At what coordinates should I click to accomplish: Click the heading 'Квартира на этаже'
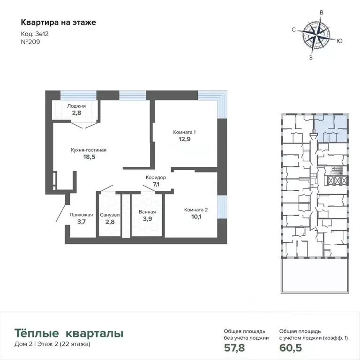(58, 22)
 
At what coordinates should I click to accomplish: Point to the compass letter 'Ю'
(339, 41)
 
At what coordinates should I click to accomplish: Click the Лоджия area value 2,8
(76, 112)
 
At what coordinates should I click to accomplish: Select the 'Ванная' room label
(147, 212)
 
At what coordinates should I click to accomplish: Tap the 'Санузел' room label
(110, 215)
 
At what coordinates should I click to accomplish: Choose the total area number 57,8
(235, 348)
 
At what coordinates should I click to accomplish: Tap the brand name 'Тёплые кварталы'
(69, 334)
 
